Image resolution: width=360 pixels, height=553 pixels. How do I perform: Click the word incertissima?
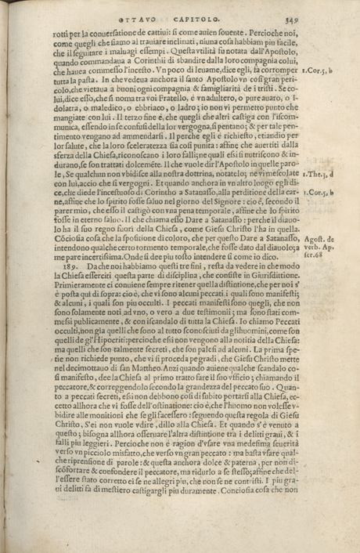pyautogui.click(x=101, y=275)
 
